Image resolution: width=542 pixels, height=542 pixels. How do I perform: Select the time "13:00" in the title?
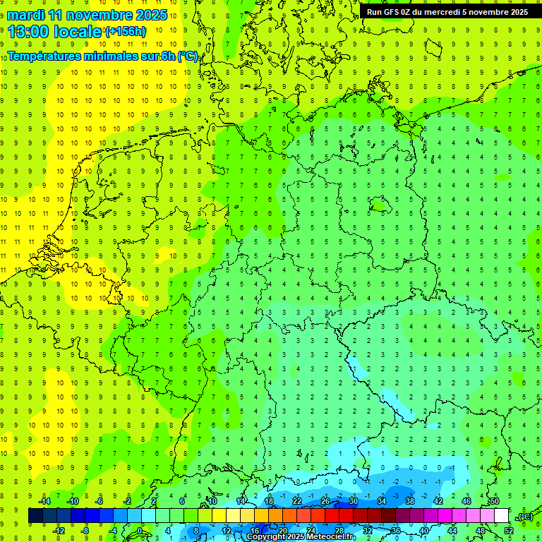coord(30,31)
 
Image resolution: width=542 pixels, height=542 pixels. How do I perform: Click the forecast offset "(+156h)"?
coord(126,32)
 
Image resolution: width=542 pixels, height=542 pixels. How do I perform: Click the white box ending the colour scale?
coord(502,516)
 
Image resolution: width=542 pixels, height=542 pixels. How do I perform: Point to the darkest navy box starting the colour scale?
coord(36,516)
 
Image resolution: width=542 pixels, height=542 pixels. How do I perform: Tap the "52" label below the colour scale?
coord(509,531)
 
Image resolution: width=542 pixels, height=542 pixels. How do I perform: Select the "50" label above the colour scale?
coord(494,501)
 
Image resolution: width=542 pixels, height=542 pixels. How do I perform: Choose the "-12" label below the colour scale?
coord(59,531)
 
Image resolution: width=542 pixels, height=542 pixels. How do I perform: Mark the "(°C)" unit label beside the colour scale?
coord(524,517)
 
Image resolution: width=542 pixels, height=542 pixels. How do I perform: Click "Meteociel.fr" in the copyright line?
coord(331,537)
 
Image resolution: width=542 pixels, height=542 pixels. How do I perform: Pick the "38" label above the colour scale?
coord(409,501)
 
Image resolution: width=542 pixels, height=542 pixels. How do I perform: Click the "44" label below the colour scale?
coord(452,531)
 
